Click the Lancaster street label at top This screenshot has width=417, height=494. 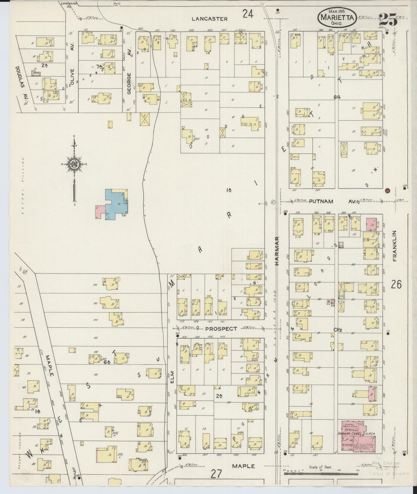210,19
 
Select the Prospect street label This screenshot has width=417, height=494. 221,329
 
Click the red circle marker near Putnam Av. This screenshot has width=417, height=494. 387,190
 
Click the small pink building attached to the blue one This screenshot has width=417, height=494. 100,212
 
